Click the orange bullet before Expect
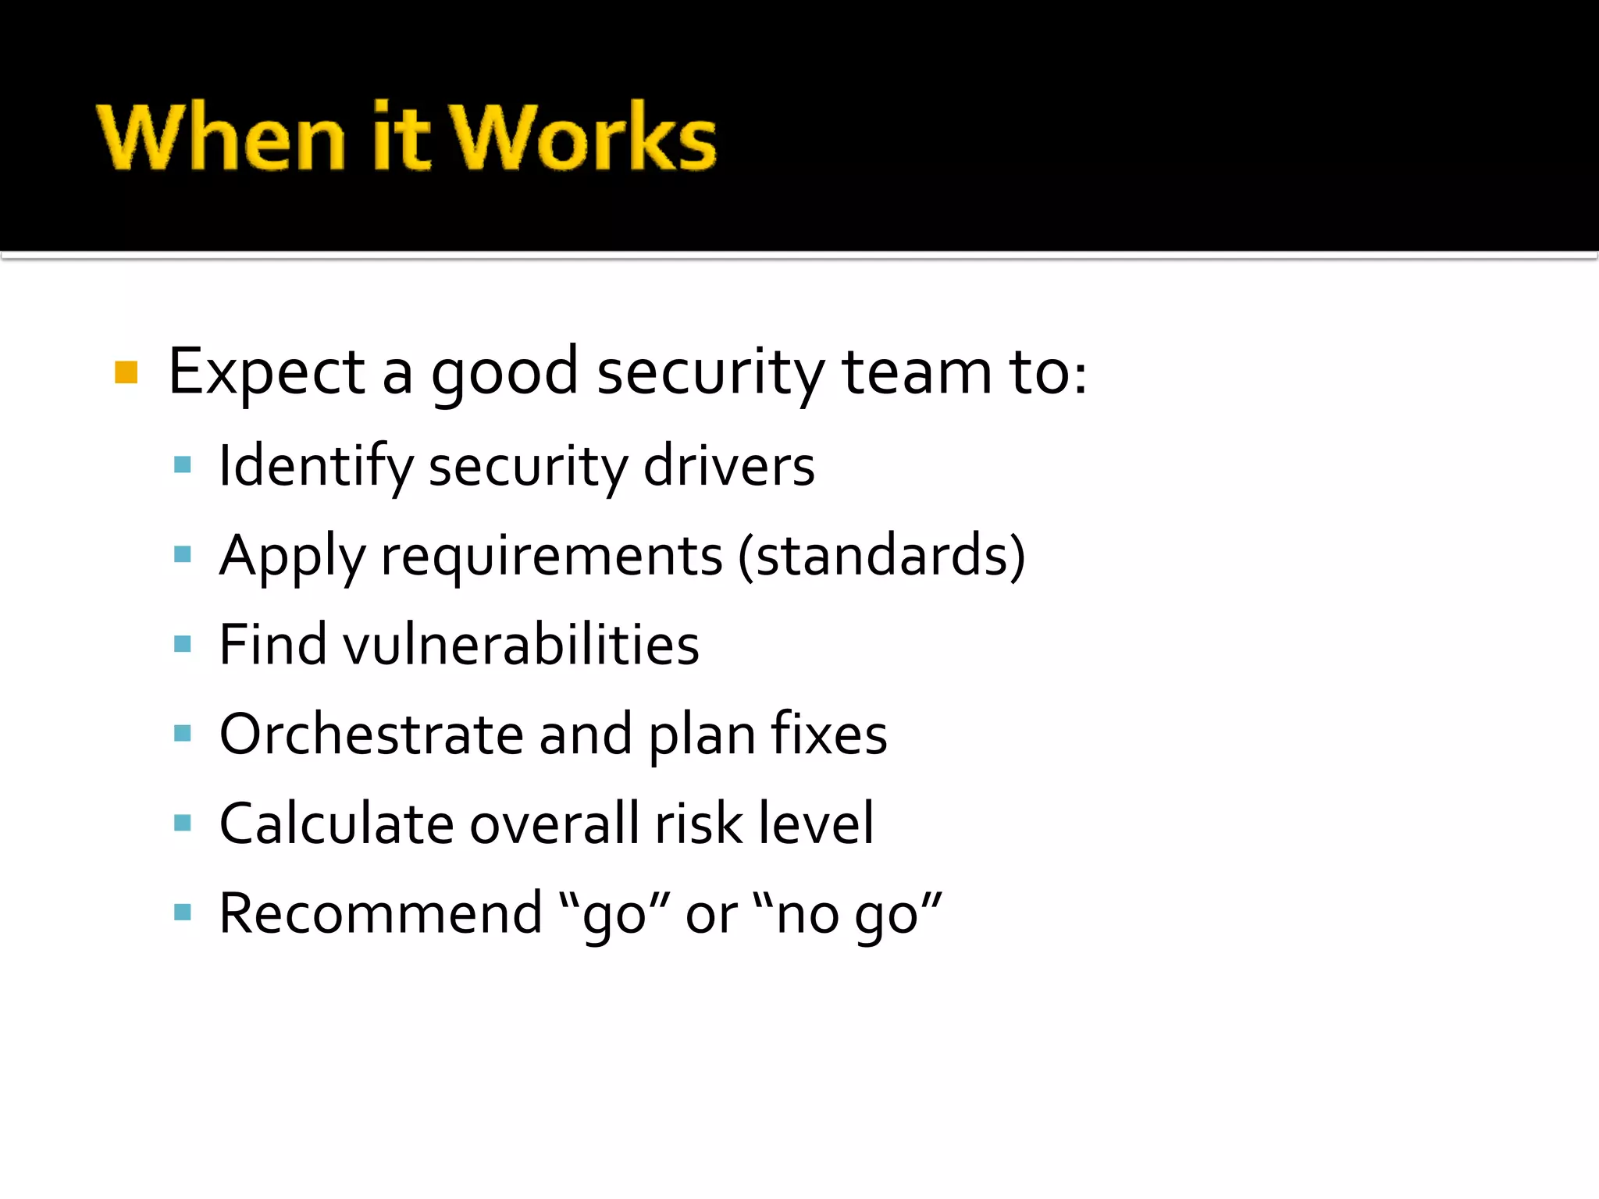click(126, 372)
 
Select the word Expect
click(266, 372)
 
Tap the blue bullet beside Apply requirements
click(183, 554)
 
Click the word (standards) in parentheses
click(881, 556)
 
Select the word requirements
click(551, 556)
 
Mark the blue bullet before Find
click(183, 644)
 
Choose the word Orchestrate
click(371, 735)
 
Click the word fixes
click(828, 735)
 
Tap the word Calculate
click(337, 824)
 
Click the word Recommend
click(380, 913)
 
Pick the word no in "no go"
click(807, 915)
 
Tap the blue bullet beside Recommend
click(183, 912)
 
